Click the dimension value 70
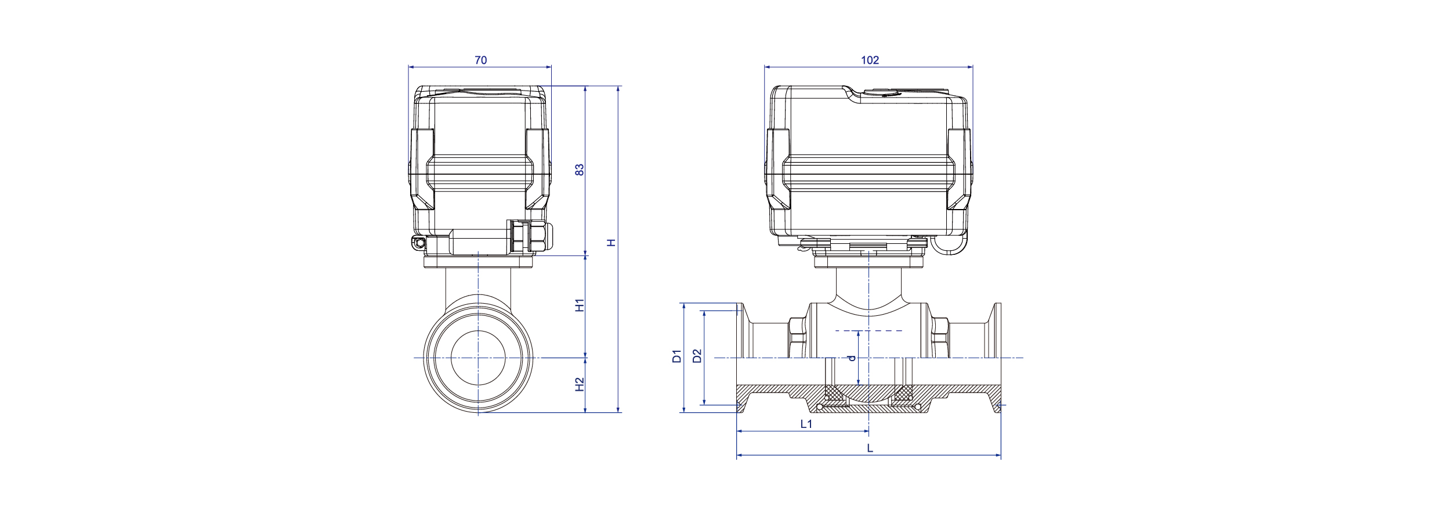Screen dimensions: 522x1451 (x=480, y=60)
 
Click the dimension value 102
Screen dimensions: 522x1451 (x=870, y=60)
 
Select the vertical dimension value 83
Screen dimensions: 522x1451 (x=579, y=170)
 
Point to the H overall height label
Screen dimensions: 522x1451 (x=611, y=243)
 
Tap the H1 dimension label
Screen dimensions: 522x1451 (x=579, y=305)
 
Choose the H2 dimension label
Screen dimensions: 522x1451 (x=579, y=384)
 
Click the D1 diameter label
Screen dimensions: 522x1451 (x=676, y=356)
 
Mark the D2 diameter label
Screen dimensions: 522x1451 (x=697, y=356)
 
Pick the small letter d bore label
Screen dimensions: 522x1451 (x=852, y=358)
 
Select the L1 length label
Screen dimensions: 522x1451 (x=806, y=424)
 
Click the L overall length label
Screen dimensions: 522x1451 (x=870, y=448)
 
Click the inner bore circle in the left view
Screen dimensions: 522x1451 (x=478, y=358)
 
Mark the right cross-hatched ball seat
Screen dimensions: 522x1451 (x=903, y=395)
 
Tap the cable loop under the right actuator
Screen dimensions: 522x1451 (x=950, y=245)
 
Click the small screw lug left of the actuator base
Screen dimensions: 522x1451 (x=418, y=242)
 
